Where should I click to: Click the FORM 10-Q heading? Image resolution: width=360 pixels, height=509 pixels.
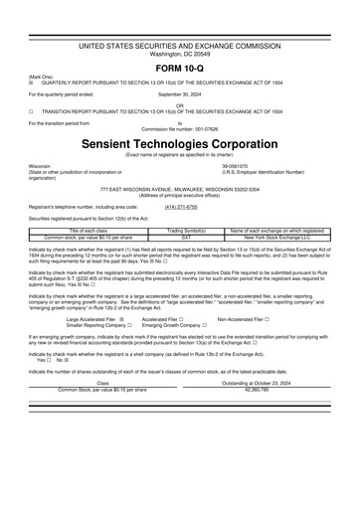pyautogui.click(x=180, y=67)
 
